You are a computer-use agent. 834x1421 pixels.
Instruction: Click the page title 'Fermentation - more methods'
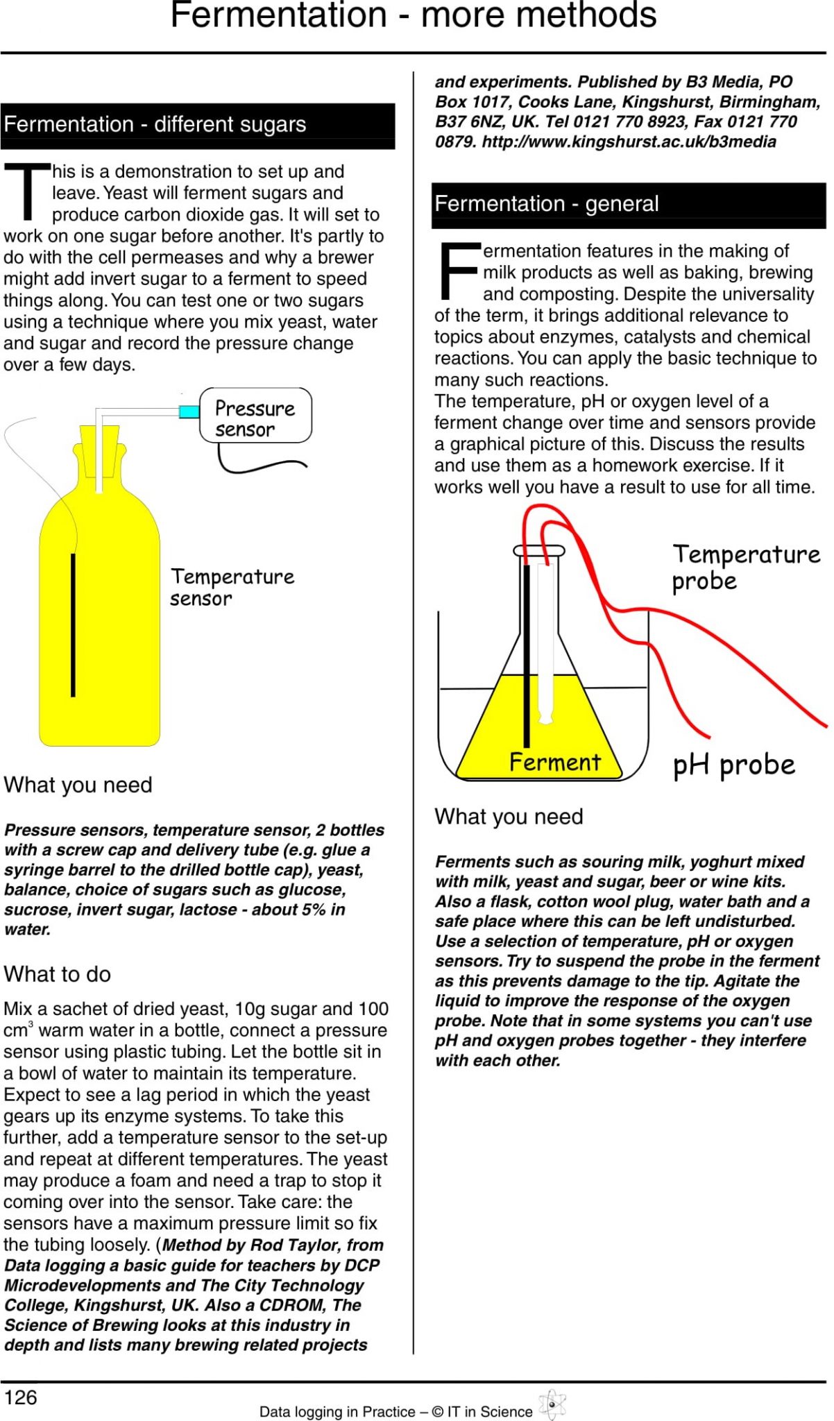coord(414,15)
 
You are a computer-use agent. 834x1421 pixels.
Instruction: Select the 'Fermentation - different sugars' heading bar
coord(197,125)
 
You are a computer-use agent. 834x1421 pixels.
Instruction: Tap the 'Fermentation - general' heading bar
coord(628,204)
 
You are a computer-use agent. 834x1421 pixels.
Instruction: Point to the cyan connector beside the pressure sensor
coord(189,411)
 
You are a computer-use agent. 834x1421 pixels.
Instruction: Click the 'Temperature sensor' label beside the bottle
coord(232,587)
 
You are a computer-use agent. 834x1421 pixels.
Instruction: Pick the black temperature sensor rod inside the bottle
coord(73,624)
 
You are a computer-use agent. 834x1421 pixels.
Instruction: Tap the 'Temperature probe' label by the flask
coord(745,567)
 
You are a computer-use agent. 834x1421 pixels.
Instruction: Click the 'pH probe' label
coord(733,765)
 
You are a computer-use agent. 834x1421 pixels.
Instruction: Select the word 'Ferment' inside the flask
coord(554,762)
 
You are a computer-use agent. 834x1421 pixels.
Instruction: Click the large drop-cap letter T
coord(27,191)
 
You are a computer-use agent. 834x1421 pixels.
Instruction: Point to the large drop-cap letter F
coord(459,269)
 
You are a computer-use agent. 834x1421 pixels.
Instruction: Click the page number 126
coord(20,1397)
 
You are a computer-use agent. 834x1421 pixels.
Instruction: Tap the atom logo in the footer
coord(552,1405)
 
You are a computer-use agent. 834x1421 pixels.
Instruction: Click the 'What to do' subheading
coord(58,974)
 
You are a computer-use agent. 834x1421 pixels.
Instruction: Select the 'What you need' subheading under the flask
coord(509,817)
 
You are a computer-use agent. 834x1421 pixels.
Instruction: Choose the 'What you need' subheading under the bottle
coord(78,785)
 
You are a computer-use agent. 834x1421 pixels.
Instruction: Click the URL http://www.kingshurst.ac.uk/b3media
coord(629,142)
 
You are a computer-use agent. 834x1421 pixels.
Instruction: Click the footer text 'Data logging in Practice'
coord(337,1411)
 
